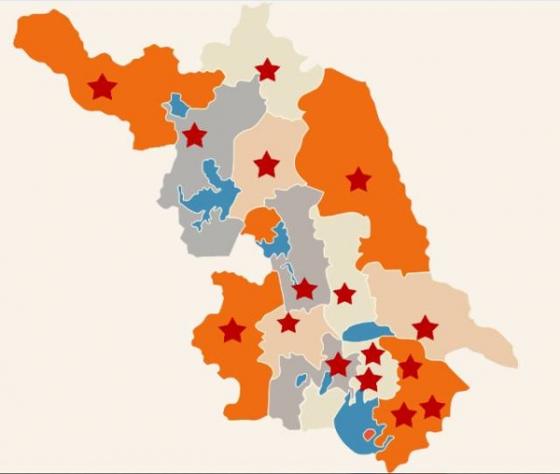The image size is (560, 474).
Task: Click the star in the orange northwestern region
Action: click(102, 88)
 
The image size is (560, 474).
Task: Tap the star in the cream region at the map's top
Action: click(267, 69)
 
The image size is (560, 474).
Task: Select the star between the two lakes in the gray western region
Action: click(194, 136)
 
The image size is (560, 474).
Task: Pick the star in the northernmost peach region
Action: click(266, 164)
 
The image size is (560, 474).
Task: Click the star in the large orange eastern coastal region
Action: click(357, 179)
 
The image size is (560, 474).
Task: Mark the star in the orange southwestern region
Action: click(231, 329)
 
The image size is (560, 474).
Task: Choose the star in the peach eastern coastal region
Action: click(425, 328)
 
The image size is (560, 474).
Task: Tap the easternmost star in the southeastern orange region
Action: click(432, 408)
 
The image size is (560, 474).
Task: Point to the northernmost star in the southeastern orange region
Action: click(410, 368)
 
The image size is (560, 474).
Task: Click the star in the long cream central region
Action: click(344, 294)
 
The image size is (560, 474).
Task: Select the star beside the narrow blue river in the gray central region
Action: click(304, 289)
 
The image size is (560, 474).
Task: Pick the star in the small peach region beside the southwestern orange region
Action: click(288, 323)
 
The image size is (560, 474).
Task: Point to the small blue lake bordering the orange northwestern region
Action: click(176, 105)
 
